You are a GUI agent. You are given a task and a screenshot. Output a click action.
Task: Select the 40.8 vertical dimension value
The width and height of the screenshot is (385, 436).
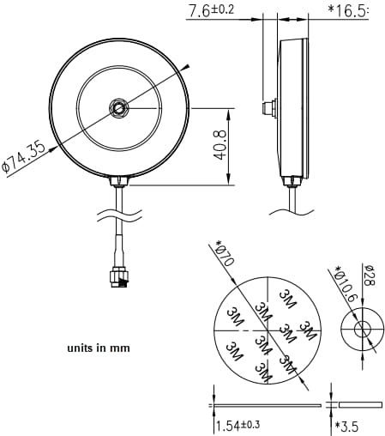[220, 146]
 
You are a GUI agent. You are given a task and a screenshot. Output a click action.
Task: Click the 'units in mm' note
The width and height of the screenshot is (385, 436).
[98, 348]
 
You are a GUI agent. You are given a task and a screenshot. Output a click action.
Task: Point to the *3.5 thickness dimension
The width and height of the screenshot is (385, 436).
[346, 426]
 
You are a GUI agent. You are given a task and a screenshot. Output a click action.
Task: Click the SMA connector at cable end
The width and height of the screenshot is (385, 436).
[117, 277]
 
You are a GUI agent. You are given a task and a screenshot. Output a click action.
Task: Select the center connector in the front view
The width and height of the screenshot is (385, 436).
[118, 108]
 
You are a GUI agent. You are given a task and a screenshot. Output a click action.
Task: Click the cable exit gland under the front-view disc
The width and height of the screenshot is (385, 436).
[118, 181]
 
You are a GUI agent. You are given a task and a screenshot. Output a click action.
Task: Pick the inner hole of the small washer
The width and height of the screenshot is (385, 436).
[361, 329]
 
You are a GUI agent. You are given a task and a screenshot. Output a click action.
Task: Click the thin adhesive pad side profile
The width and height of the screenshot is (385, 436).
[266, 403]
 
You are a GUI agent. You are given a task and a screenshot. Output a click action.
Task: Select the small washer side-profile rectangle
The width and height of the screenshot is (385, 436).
[360, 403]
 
